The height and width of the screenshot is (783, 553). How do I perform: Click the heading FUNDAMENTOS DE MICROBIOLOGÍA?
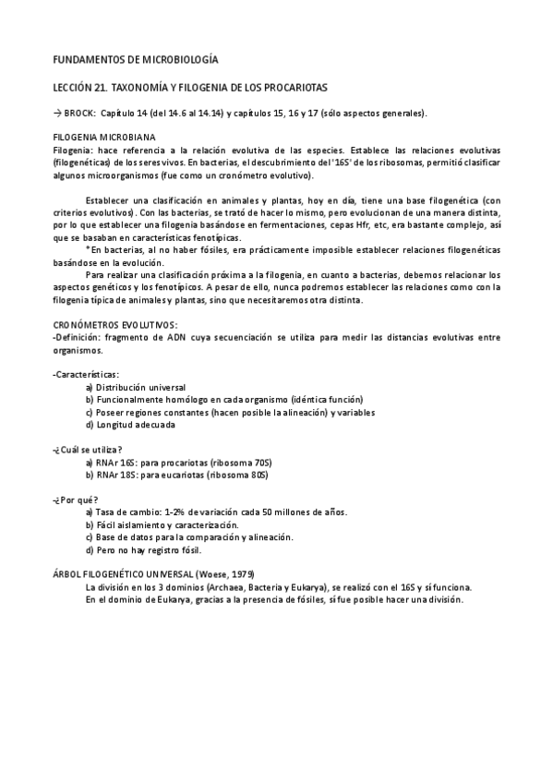tap(137, 59)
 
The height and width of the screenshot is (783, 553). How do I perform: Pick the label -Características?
tap(86, 374)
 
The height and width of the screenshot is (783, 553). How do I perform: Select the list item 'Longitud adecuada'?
tap(135, 425)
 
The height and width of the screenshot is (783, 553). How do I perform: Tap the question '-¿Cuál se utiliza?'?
tap(89, 449)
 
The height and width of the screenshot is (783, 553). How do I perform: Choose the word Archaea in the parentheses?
tap(235, 586)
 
